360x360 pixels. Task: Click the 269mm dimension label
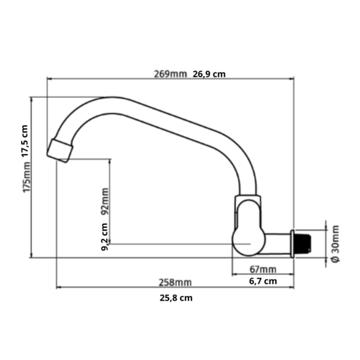tap(170, 74)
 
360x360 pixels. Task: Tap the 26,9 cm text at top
tap(209, 74)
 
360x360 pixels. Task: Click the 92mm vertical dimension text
tap(105, 201)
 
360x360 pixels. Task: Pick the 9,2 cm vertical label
tap(105, 236)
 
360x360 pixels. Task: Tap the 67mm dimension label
tap(262, 268)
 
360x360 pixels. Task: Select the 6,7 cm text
tap(262, 280)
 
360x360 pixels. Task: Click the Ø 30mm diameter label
tap(335, 243)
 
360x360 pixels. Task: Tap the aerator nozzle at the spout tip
tap(60, 149)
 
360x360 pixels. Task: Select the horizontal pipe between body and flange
tap(277, 243)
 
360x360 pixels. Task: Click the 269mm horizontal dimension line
tap(120, 79)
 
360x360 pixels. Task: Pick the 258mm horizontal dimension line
tap(120, 287)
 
